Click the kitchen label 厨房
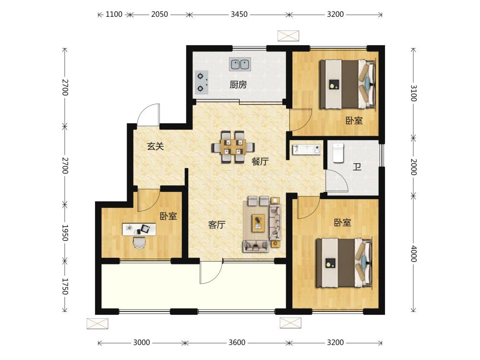point(238,84)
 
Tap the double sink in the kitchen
point(240,64)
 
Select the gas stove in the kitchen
point(202,82)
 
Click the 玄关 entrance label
point(156,146)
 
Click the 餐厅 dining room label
point(260,161)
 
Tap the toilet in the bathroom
point(338,153)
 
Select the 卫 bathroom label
point(357,167)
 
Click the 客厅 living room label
point(217,225)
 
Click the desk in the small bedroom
point(139,229)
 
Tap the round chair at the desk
point(139,243)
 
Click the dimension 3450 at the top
point(239,14)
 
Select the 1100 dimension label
point(114,14)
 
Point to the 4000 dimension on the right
point(413,253)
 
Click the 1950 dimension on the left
point(65,233)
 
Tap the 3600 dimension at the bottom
point(237,343)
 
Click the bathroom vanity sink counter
point(306,149)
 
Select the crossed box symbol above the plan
point(288,36)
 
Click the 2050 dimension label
point(159,14)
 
